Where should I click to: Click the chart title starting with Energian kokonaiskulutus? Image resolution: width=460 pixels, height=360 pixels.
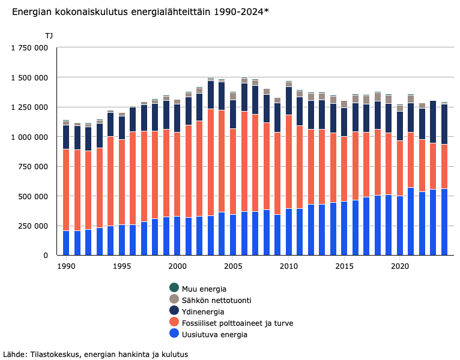[140, 11]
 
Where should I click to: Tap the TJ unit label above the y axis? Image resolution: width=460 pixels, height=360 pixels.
[49, 36]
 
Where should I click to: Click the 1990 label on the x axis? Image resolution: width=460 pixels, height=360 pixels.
[66, 265]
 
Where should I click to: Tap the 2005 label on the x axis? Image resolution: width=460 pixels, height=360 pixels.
[233, 265]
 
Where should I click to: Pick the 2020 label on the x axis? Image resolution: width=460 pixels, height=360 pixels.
[400, 265]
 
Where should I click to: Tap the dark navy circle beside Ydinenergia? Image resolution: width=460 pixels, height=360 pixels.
[174, 311]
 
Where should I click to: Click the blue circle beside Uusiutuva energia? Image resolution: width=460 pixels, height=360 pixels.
[174, 334]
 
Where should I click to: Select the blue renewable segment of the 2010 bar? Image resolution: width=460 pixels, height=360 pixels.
[289, 232]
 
